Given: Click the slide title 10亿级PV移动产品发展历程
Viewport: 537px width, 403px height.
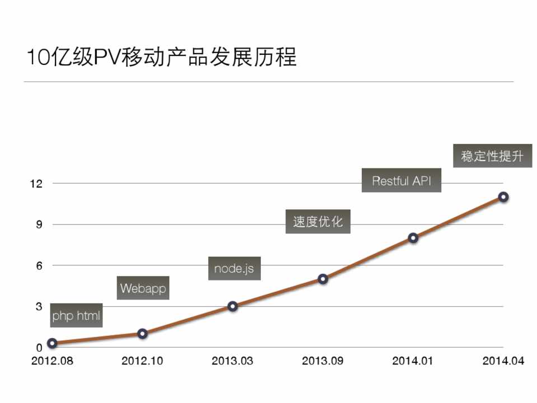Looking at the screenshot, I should click(x=162, y=57).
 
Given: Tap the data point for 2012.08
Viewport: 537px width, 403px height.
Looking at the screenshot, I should click(x=52, y=343).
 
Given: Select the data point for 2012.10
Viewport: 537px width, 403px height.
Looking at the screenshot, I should click(x=142, y=334).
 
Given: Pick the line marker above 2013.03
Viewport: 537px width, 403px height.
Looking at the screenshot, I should click(x=233, y=306).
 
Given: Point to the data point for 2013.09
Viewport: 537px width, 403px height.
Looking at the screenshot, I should click(x=323, y=279).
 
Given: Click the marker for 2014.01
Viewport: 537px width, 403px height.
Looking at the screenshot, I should click(x=413, y=238).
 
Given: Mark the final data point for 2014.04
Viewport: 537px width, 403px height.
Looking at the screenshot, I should click(x=503, y=197).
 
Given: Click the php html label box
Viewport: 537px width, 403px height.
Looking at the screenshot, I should click(x=76, y=316).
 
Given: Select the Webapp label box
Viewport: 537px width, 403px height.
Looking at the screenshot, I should click(x=143, y=288).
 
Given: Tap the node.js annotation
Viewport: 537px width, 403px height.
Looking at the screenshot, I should click(x=234, y=268).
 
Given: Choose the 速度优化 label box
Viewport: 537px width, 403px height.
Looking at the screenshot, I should click(x=317, y=222).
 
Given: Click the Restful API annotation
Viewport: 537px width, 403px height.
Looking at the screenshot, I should click(x=401, y=181).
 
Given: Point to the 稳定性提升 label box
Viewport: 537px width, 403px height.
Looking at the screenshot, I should click(x=492, y=156).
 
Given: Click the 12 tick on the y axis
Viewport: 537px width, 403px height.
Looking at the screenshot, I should click(x=36, y=184).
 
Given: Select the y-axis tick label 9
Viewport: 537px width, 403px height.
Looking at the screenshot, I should click(x=39, y=224).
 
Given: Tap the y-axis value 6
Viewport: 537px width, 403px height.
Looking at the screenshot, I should click(x=39, y=266).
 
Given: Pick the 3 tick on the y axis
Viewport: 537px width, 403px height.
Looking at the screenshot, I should click(x=39, y=307).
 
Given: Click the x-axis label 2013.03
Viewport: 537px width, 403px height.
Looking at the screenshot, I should click(x=232, y=361).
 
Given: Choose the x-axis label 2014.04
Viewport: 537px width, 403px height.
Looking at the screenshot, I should click(x=503, y=361).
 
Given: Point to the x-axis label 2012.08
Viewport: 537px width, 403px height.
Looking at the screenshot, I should click(x=52, y=361).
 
